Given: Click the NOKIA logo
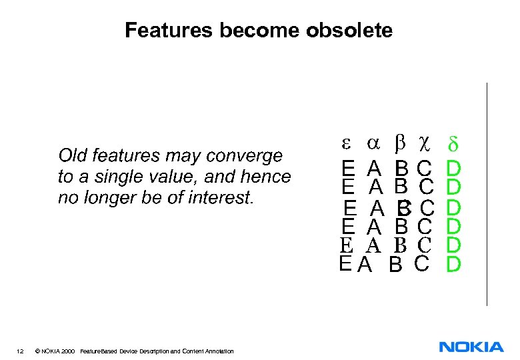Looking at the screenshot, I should pyautogui.click(x=471, y=347).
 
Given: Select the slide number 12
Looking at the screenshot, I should pyautogui.click(x=21, y=351).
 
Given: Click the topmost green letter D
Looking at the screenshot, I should pyautogui.click(x=453, y=165).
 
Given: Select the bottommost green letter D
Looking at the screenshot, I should pyautogui.click(x=453, y=265).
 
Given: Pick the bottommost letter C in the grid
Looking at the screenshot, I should pyautogui.click(x=421, y=264).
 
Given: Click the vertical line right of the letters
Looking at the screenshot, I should pyautogui.click(x=487, y=193).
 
